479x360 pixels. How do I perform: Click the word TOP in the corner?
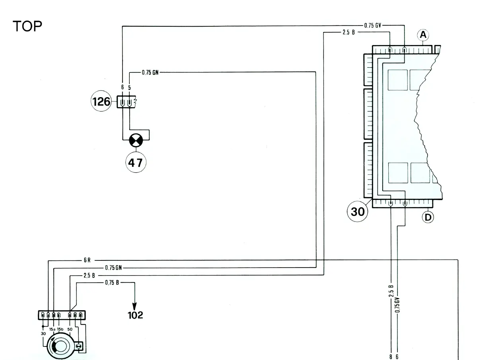click(27, 26)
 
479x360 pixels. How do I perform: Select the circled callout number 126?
click(101, 101)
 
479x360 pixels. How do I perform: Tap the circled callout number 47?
click(136, 162)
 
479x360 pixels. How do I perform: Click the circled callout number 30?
click(357, 211)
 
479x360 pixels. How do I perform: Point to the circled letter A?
click(423, 35)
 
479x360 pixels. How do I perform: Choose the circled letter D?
click(428, 217)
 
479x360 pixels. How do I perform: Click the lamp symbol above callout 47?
click(136, 140)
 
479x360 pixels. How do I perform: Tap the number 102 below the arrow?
click(135, 315)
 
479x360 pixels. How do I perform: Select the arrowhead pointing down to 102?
click(134, 306)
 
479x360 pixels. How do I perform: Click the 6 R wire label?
click(87, 260)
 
